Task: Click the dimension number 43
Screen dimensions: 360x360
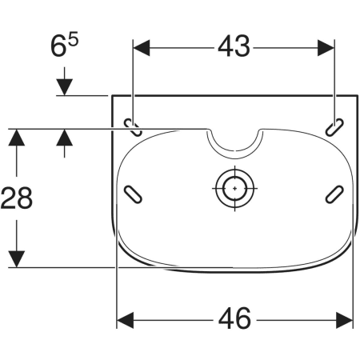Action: coord(234,46)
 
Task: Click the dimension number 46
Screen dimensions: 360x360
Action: coord(234,318)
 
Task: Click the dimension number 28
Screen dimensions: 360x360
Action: coord(17,198)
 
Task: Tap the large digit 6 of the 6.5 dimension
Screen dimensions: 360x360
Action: coord(58,46)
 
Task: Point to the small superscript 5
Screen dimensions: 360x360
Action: coord(73,38)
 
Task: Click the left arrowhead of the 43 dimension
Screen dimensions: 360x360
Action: coord(142,48)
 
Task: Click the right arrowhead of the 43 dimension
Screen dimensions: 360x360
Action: coord(326,48)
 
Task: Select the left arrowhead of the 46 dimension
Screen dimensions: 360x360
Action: coord(126,320)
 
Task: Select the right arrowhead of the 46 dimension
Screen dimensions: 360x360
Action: coord(345,320)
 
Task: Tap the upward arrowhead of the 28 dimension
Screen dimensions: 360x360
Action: coord(17,138)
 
